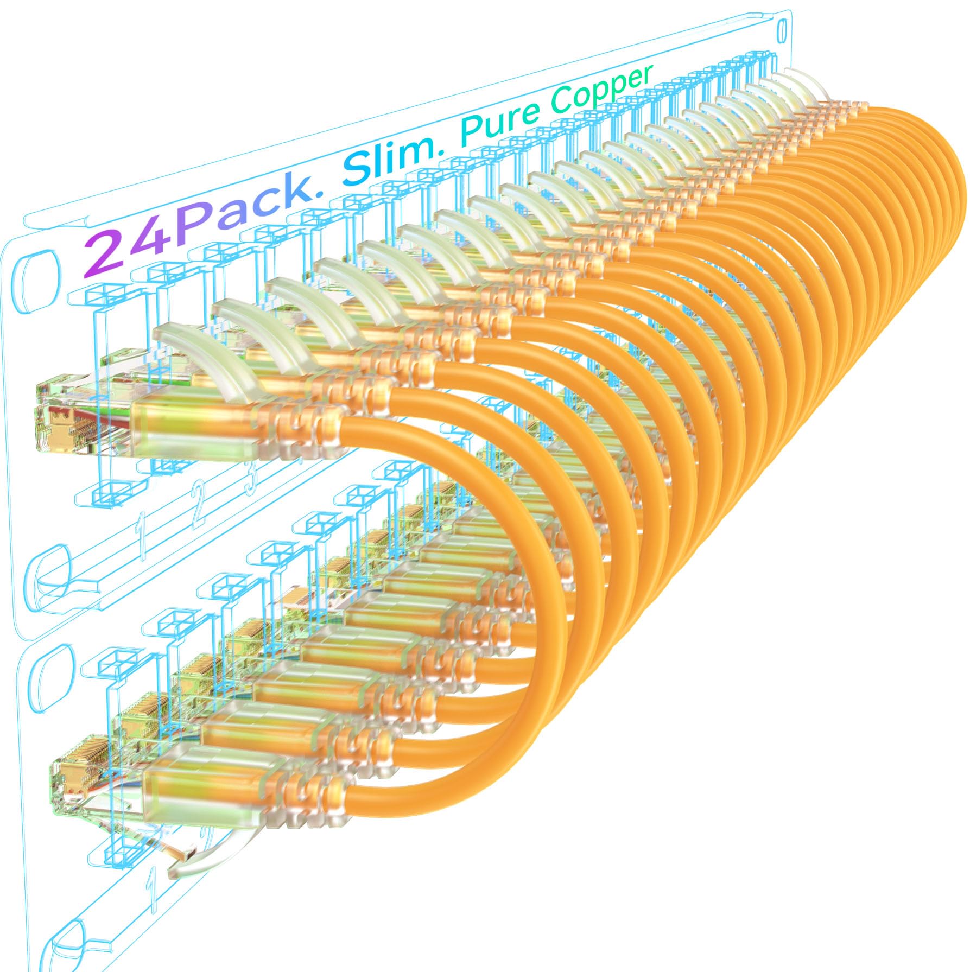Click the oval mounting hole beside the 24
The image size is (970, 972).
coord(39,272)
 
